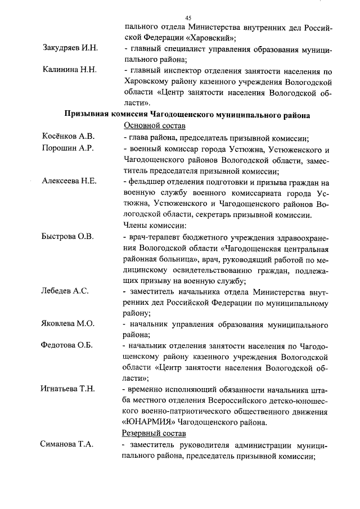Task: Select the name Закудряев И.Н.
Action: pyautogui.click(x=70, y=48)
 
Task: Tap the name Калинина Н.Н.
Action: pyautogui.click(x=70, y=70)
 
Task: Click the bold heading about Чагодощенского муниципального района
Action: pyautogui.click(x=187, y=115)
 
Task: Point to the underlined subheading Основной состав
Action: pyautogui.click(x=154, y=125)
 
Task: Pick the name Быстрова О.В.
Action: pyautogui.click(x=68, y=236)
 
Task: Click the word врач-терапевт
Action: pyautogui.click(x=150, y=236)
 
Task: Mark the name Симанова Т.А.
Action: pyautogui.click(x=67, y=445)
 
